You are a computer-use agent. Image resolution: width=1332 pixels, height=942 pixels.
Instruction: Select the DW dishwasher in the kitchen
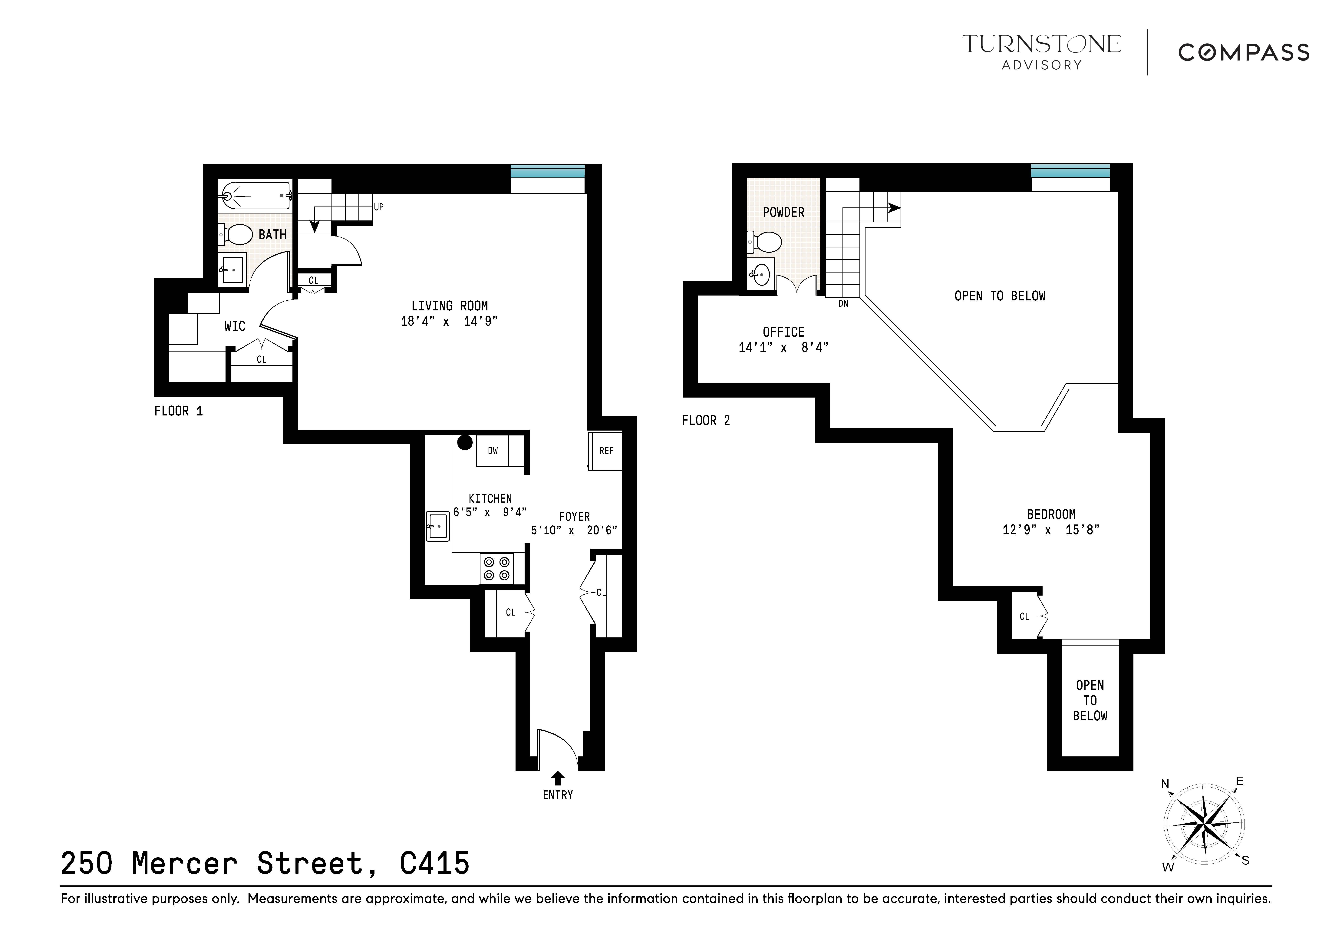(x=493, y=451)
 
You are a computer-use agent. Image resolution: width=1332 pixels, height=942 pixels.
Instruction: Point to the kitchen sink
(x=437, y=526)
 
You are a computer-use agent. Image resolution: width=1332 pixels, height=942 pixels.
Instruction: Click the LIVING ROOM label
(x=450, y=306)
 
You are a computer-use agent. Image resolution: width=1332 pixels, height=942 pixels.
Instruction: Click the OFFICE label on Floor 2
(x=783, y=332)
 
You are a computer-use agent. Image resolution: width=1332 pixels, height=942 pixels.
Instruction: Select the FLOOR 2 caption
(x=705, y=421)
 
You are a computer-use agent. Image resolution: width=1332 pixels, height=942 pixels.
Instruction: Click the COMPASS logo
(x=1243, y=53)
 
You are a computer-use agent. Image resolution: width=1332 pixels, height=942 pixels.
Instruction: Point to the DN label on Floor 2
(x=843, y=303)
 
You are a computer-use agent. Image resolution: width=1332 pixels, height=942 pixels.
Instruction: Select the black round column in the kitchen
(x=465, y=443)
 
